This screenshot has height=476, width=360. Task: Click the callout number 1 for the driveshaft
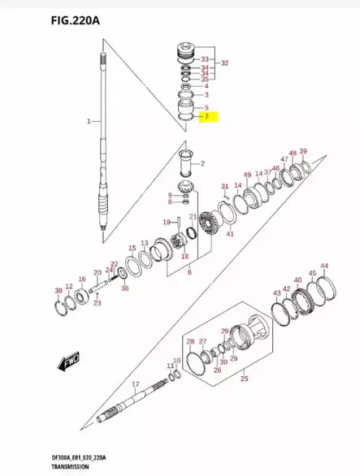coord(89,121)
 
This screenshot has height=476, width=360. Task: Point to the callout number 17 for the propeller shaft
coord(136,384)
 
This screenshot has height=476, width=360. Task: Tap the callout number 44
coord(324,266)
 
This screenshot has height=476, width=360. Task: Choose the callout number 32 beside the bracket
coord(224,63)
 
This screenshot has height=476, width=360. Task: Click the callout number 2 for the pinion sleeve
coord(204,165)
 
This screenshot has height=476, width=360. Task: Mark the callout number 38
coord(58,291)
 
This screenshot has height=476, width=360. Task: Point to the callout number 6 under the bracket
coord(189,273)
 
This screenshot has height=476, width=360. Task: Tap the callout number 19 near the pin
coord(165,221)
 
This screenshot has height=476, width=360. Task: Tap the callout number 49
coord(247,175)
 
